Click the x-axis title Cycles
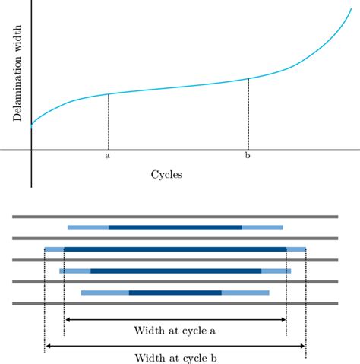(166, 174)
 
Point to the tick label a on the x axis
(108, 157)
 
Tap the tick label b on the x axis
(248, 157)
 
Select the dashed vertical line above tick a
(108, 122)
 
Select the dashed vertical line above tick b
(248, 114)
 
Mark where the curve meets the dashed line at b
(248, 78)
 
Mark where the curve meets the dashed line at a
(108, 94)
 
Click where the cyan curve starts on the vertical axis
(31, 125)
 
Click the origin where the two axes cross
(31, 150)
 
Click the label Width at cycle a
(175, 331)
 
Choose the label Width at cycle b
(175, 358)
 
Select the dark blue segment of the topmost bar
(175, 227)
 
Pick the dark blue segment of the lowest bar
(175, 293)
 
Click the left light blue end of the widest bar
(55, 248)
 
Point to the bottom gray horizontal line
(175, 303)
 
